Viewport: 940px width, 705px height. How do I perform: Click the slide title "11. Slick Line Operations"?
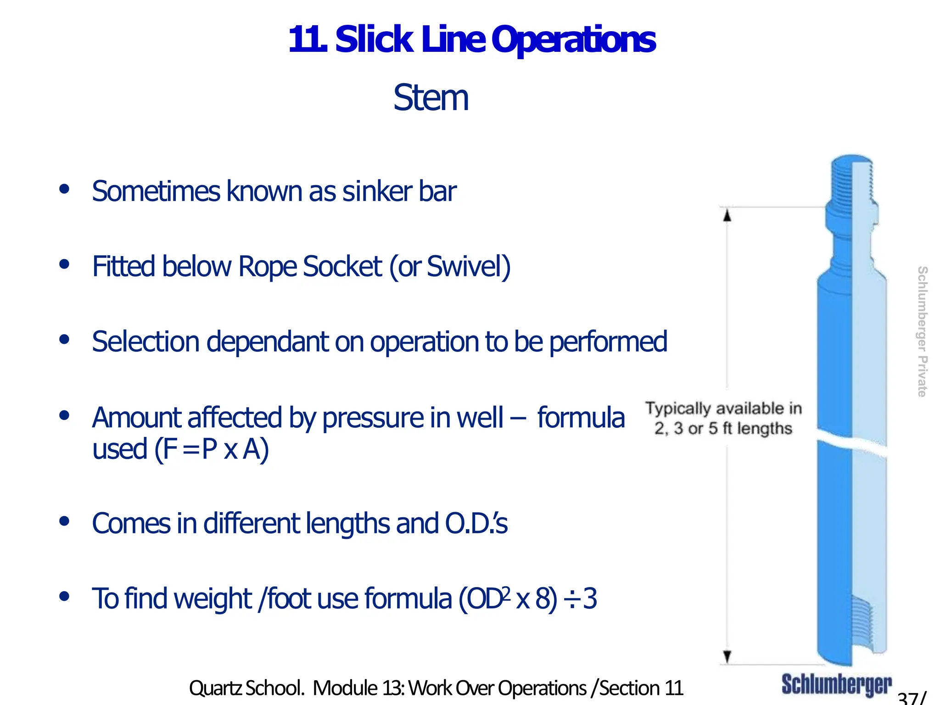(471, 39)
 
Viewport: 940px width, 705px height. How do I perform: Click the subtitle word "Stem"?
(431, 98)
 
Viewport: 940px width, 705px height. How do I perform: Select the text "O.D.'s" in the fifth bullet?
(476, 523)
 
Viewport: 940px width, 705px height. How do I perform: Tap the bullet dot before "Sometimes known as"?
(64, 189)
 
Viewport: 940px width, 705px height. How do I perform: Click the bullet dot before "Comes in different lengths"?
(64, 521)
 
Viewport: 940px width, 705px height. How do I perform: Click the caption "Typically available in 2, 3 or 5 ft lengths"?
(723, 418)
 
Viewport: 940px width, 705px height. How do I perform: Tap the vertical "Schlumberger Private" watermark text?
(922, 331)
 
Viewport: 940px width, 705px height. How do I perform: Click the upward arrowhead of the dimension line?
(727, 215)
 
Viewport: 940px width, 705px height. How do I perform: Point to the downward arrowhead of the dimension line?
(727, 657)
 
